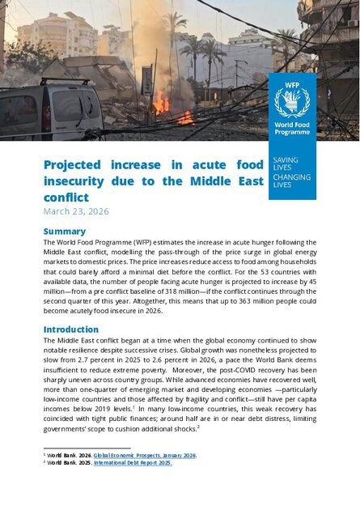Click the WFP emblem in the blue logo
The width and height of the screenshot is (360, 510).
tap(292, 101)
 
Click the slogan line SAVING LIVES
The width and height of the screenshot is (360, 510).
tap(286, 164)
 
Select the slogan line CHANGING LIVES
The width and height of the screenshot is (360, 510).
tap(291, 181)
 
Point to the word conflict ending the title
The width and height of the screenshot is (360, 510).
tap(66, 196)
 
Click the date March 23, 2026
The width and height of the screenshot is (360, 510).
tap(75, 212)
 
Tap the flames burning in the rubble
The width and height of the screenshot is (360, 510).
tap(162, 104)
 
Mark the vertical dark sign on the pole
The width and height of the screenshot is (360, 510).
tap(147, 82)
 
